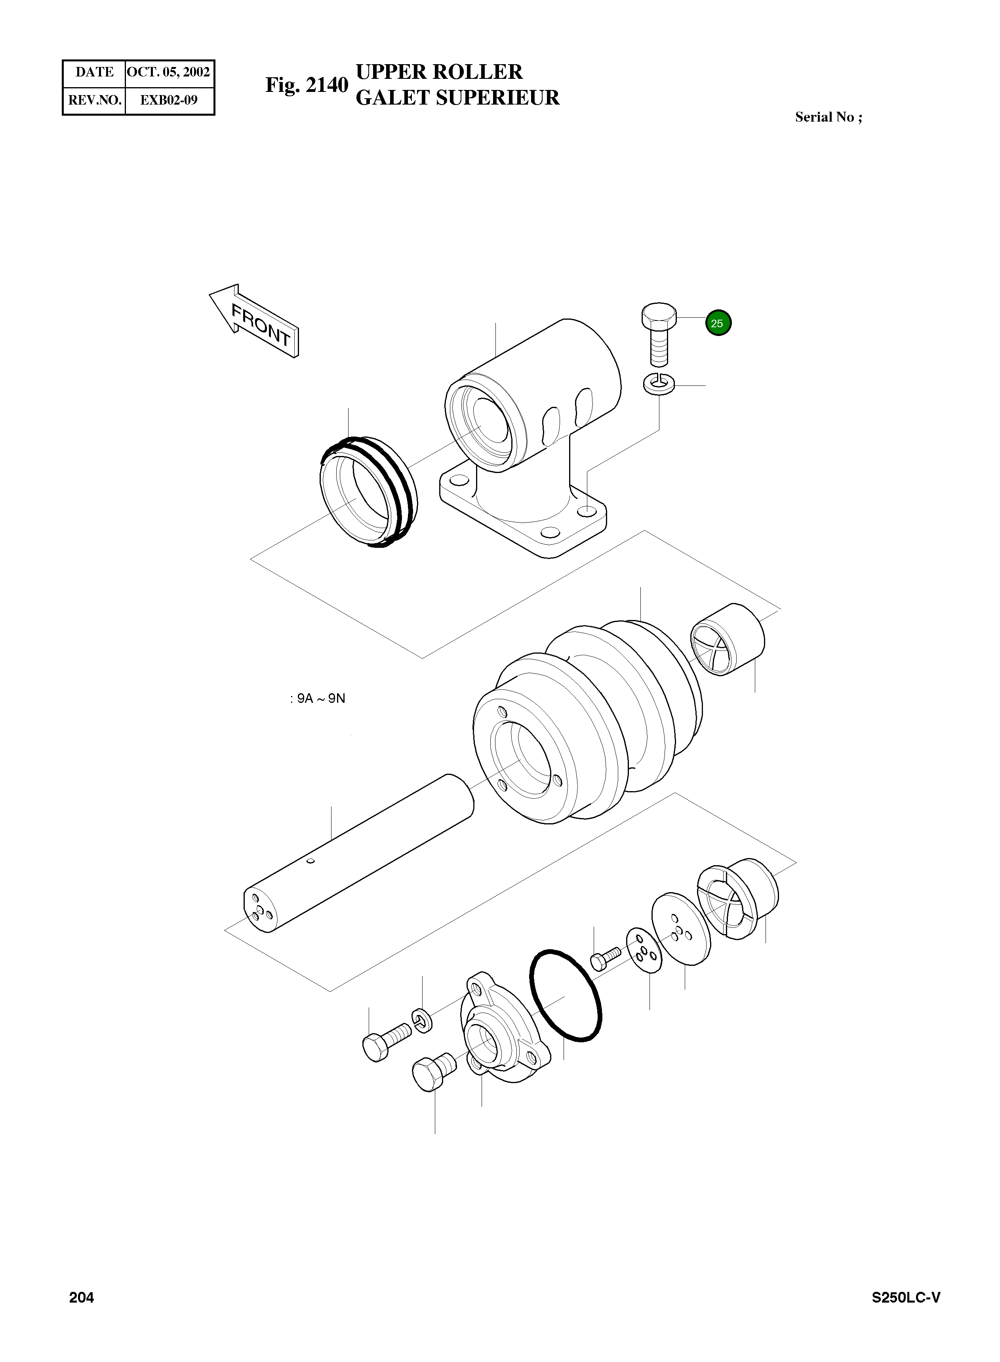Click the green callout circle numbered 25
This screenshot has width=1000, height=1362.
(x=718, y=323)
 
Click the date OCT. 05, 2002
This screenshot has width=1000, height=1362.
(x=169, y=72)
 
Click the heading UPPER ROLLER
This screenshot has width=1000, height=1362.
(x=439, y=72)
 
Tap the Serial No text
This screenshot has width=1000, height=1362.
(x=828, y=117)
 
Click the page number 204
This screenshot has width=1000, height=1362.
(x=82, y=1297)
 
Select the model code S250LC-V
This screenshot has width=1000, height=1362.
(x=906, y=1297)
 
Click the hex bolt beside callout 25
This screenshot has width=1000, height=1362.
(x=659, y=333)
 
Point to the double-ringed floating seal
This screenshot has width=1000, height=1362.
(x=368, y=492)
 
